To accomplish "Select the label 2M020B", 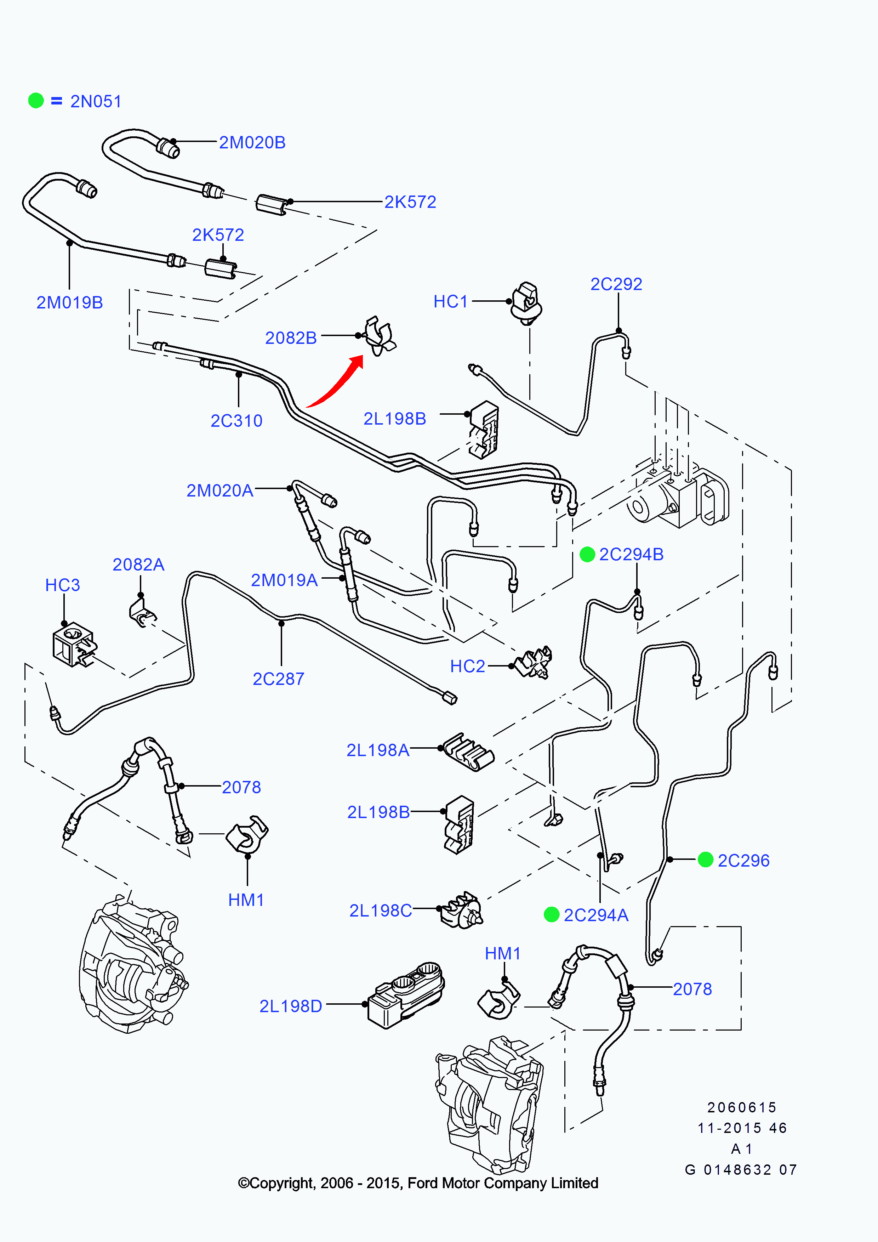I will pos(252,142).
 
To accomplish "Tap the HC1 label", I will pos(450,301).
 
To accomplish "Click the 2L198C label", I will pos(380,911).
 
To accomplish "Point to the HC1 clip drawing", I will pos(526,303).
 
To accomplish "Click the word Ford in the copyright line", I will pos(422,1183).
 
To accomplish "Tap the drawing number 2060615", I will pos(742,1107).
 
